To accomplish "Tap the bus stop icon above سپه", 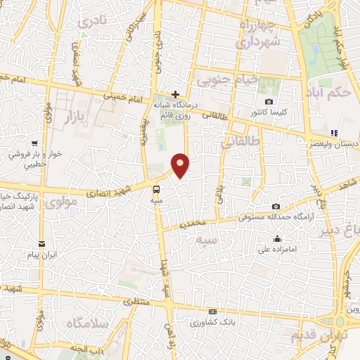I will coord(157,188).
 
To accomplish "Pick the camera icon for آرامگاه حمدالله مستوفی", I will coord(276,207).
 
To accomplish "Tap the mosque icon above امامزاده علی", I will coord(279,238).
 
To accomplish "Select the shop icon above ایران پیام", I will coord(43,243).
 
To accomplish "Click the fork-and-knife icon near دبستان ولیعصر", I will coord(335,132).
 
